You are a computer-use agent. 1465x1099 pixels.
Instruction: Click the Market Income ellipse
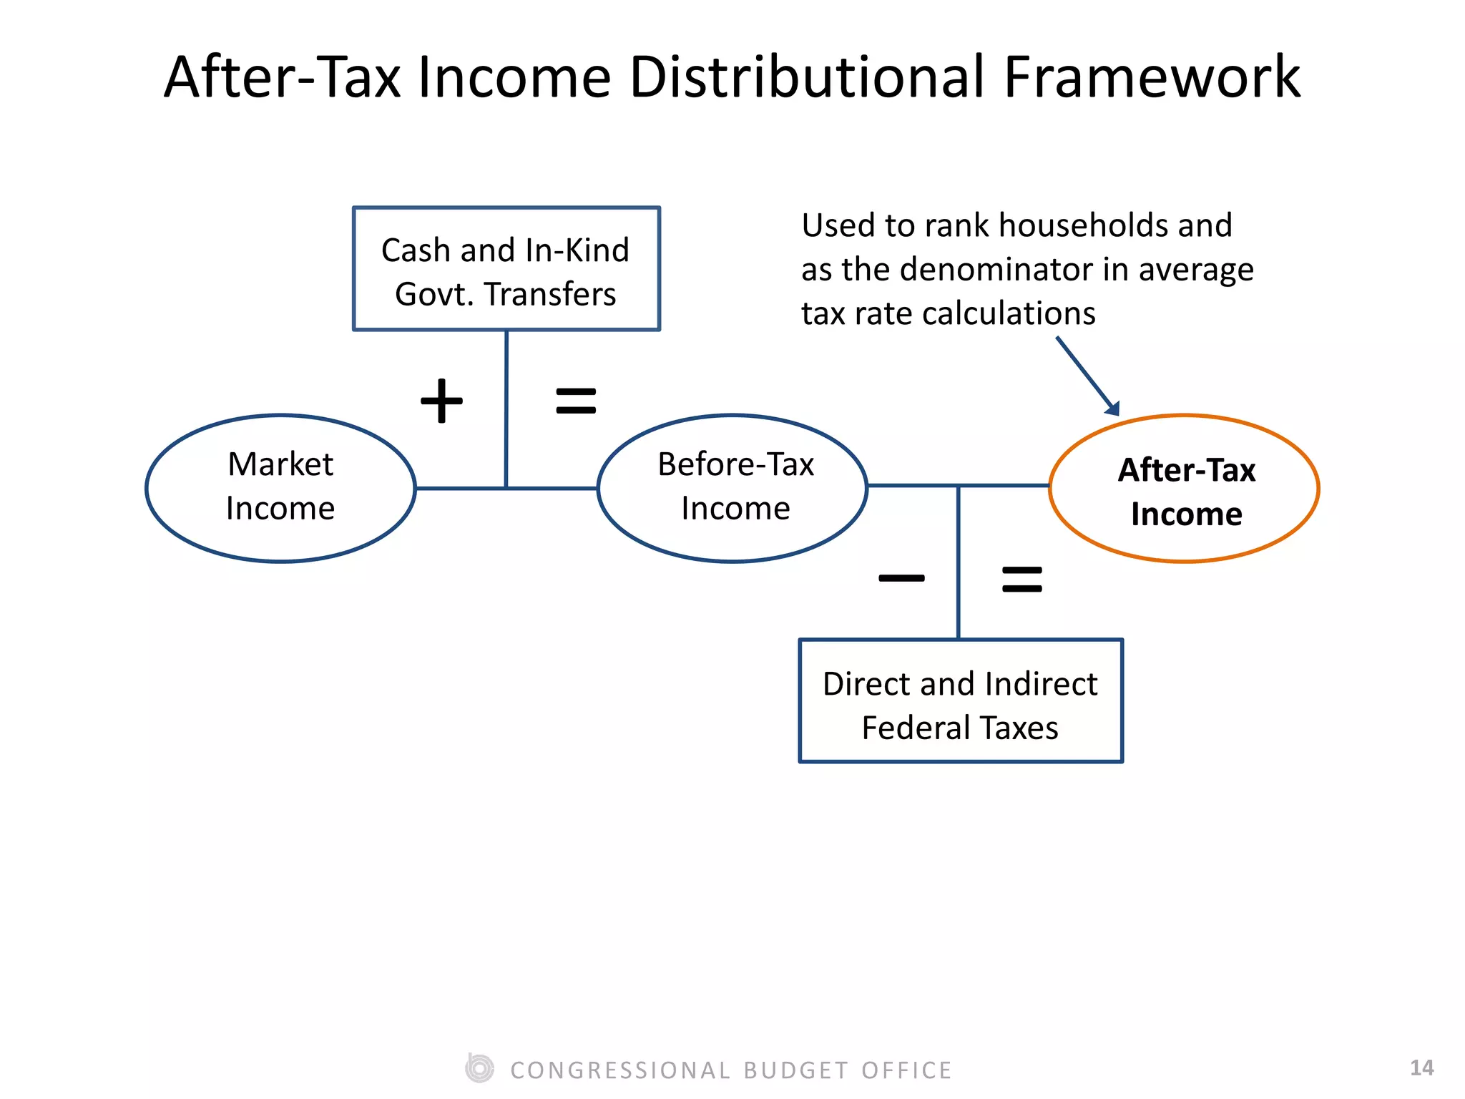(280, 488)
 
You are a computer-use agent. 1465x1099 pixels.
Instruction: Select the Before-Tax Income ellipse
(732, 488)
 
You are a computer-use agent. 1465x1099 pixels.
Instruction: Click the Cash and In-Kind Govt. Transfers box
(506, 269)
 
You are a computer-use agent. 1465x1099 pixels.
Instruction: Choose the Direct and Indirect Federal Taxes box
(961, 701)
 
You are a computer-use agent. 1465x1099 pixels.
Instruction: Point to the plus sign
(441, 401)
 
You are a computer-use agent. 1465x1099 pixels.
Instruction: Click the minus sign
(901, 578)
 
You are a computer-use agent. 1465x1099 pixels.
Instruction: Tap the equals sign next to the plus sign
(576, 401)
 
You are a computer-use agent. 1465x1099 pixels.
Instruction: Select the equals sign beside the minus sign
(1022, 579)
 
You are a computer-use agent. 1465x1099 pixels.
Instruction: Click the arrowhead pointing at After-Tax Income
(1112, 408)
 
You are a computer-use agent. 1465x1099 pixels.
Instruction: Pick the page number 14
(1421, 1068)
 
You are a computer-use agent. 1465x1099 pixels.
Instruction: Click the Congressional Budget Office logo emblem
(479, 1068)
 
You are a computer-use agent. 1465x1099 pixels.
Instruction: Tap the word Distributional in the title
(809, 77)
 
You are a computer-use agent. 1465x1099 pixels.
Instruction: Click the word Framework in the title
(1152, 77)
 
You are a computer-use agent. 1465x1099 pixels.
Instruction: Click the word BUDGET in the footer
(796, 1070)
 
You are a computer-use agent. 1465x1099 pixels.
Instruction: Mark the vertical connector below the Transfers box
(506, 408)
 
